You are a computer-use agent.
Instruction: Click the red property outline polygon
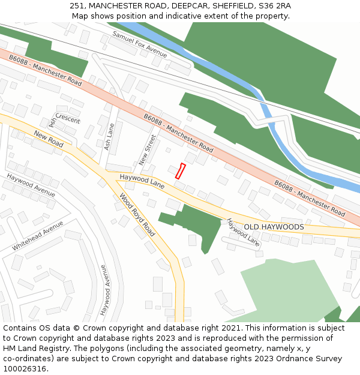(180, 171)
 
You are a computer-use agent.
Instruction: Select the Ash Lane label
(109, 137)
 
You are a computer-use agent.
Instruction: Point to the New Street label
(147, 150)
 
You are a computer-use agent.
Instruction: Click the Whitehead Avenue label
(37, 236)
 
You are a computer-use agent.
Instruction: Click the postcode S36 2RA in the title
(275, 5)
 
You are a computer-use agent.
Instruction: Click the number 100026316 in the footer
(25, 368)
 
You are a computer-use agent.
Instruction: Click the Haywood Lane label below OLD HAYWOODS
(244, 233)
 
